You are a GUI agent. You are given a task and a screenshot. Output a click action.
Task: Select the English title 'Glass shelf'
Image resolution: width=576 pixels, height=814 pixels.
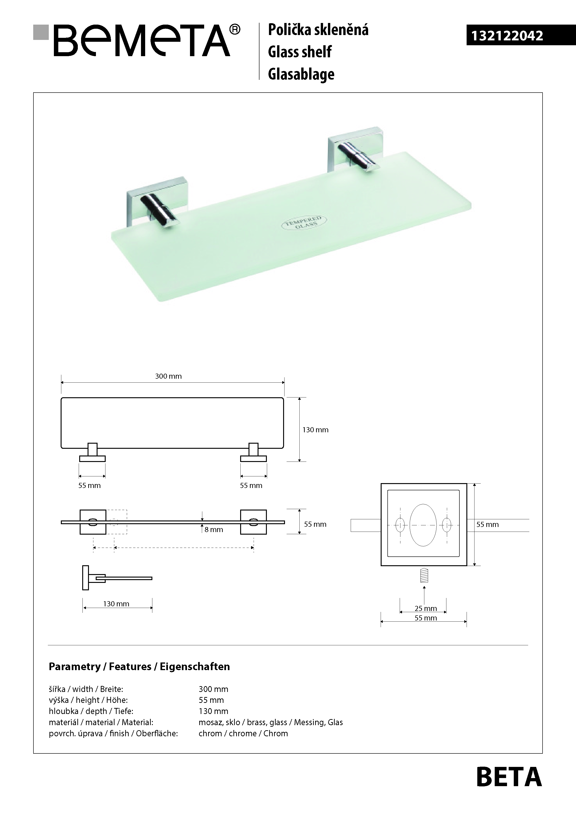click(x=300, y=52)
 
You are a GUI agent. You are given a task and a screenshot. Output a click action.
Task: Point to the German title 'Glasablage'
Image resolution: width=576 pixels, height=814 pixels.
click(x=301, y=74)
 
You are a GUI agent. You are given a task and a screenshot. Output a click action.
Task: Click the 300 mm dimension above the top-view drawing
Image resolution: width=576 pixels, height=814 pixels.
click(x=168, y=376)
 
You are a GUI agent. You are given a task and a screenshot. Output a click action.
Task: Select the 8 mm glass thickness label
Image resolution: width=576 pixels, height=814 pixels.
click(x=214, y=530)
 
